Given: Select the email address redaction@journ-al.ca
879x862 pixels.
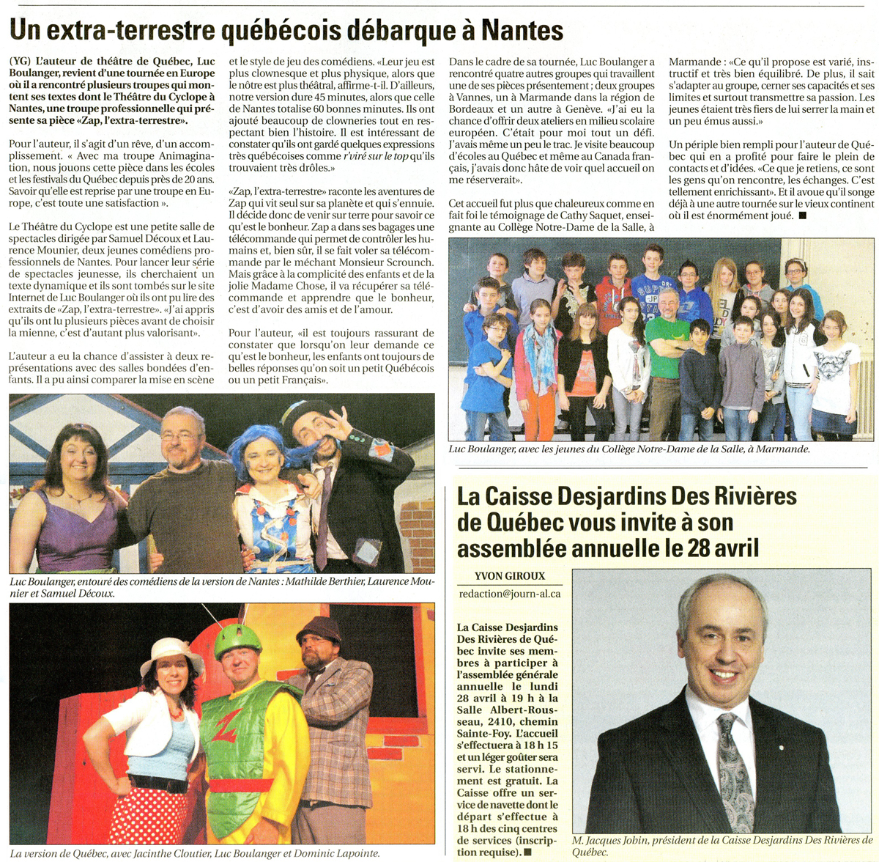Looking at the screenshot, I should (509, 593).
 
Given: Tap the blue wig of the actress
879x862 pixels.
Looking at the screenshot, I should (256, 443).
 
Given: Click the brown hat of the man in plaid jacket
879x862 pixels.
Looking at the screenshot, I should (319, 629).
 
